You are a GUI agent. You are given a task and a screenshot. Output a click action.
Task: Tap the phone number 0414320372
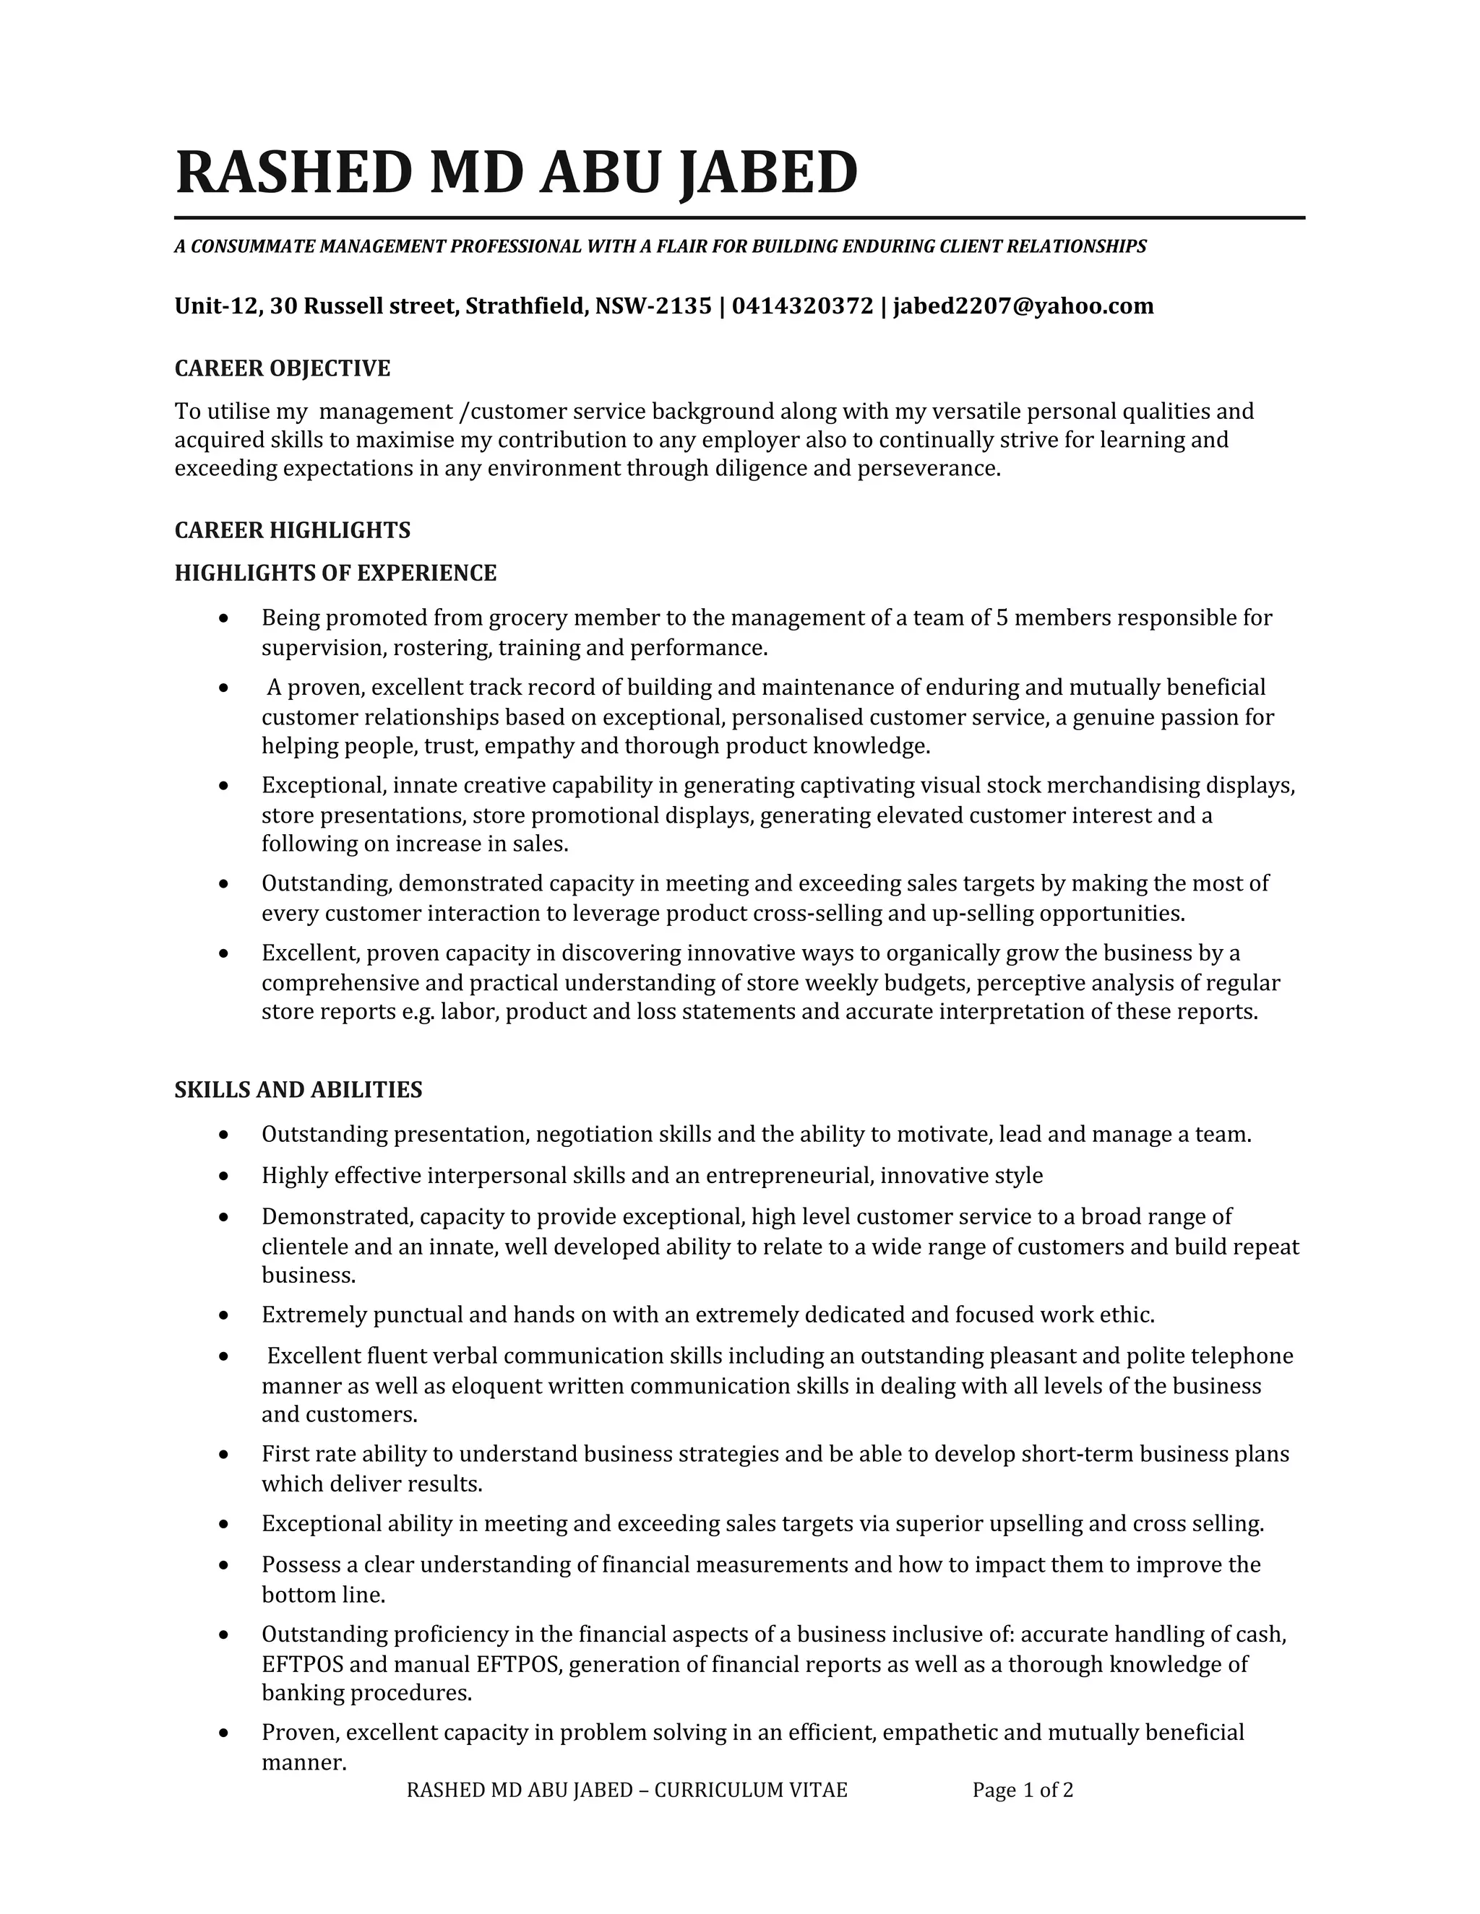click(802, 306)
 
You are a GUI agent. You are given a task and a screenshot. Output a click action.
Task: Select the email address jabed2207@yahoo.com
click(1023, 306)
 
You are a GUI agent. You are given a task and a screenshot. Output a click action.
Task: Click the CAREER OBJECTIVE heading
click(283, 368)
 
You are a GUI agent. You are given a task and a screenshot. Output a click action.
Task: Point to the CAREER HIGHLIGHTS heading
click(292, 530)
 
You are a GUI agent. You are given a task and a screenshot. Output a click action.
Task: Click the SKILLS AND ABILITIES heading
click(298, 1089)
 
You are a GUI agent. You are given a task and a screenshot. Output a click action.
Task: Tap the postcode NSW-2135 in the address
click(653, 306)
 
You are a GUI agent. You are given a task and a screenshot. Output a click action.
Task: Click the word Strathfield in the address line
click(526, 306)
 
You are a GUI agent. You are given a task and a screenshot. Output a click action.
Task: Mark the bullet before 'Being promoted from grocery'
click(225, 619)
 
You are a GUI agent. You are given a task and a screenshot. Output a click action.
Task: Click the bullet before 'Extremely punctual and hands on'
click(225, 1315)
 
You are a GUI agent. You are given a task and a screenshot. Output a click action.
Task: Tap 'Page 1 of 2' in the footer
click(1023, 1790)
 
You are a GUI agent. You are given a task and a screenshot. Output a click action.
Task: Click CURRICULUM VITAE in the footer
click(751, 1790)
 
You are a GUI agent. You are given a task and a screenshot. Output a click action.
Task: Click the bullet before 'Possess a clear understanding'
click(225, 1565)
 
